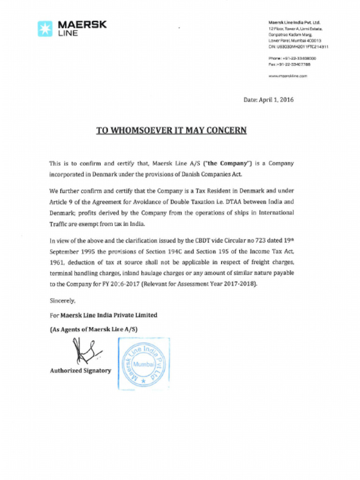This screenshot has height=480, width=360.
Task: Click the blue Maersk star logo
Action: pyautogui.click(x=45, y=29)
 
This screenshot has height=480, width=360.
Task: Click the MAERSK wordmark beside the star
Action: pyautogui.click(x=82, y=25)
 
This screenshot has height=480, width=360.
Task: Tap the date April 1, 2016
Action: pyautogui.click(x=276, y=100)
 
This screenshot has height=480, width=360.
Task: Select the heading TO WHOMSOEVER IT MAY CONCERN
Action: pyautogui.click(x=171, y=130)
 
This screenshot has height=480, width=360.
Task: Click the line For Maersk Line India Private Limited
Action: pyautogui.click(x=103, y=315)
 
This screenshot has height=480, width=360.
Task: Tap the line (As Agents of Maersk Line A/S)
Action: pyautogui.click(x=93, y=330)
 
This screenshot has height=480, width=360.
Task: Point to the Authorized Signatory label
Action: pyautogui.click(x=80, y=371)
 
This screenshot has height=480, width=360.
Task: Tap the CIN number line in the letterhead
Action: pyautogui.click(x=298, y=47)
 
